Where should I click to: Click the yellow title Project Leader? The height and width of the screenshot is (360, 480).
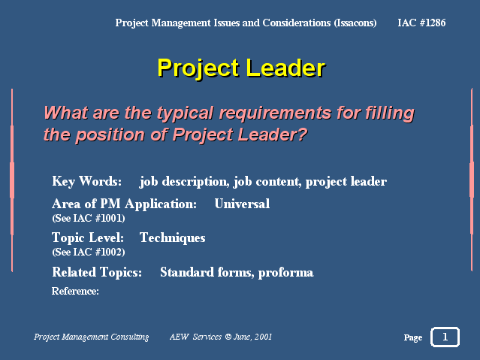pyautogui.click(x=241, y=68)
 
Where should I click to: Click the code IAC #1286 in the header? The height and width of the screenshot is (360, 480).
pyautogui.click(x=421, y=23)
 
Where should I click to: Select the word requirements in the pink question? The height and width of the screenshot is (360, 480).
pyautogui.click(x=275, y=113)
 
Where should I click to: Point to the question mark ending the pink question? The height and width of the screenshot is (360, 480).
pyautogui.click(x=303, y=135)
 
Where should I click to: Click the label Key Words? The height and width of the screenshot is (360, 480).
pyautogui.click(x=87, y=181)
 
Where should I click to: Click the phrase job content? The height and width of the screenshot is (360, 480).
pyautogui.click(x=268, y=182)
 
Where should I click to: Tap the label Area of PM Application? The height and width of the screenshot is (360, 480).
pyautogui.click(x=124, y=204)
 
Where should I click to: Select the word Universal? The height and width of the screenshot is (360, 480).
pyautogui.click(x=242, y=204)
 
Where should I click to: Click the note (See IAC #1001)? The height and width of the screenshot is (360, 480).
pyautogui.click(x=89, y=218)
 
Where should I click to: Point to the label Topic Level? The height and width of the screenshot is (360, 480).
pyautogui.click(x=88, y=238)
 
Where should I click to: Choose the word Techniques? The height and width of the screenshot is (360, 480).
pyautogui.click(x=172, y=238)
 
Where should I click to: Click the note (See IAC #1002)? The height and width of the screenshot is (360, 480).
pyautogui.click(x=89, y=252)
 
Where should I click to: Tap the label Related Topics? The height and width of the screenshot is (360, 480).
pyautogui.click(x=97, y=272)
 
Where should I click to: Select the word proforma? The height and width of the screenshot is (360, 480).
pyautogui.click(x=286, y=273)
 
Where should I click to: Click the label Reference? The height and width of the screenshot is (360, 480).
pyautogui.click(x=75, y=291)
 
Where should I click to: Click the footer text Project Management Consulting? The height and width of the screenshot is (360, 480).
pyautogui.click(x=91, y=337)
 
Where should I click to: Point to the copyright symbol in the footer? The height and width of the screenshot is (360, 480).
pyautogui.click(x=228, y=337)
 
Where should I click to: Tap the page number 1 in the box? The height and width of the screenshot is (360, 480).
pyautogui.click(x=445, y=337)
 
